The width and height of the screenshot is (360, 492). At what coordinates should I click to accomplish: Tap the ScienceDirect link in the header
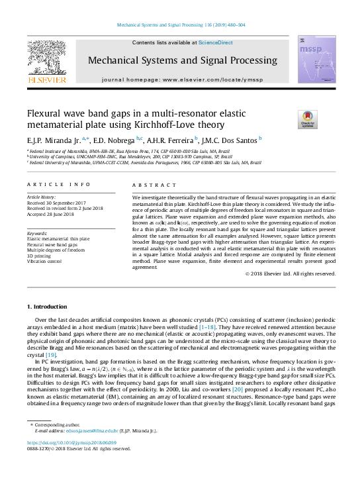215,42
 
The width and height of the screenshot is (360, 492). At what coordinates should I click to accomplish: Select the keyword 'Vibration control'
45,261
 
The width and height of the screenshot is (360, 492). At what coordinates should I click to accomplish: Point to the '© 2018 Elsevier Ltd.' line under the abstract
289,273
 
